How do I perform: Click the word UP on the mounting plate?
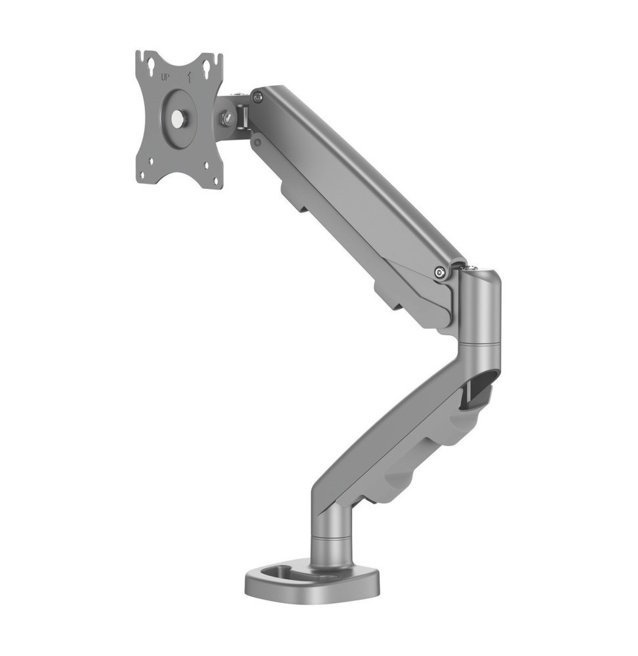click(x=165, y=77)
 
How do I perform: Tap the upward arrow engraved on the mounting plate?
click(x=190, y=77)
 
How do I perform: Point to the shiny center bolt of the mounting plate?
click(x=178, y=117)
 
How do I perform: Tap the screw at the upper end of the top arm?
click(x=258, y=98)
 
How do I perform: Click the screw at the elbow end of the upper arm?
click(x=439, y=273)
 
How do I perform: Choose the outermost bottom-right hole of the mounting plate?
click(x=216, y=182)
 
